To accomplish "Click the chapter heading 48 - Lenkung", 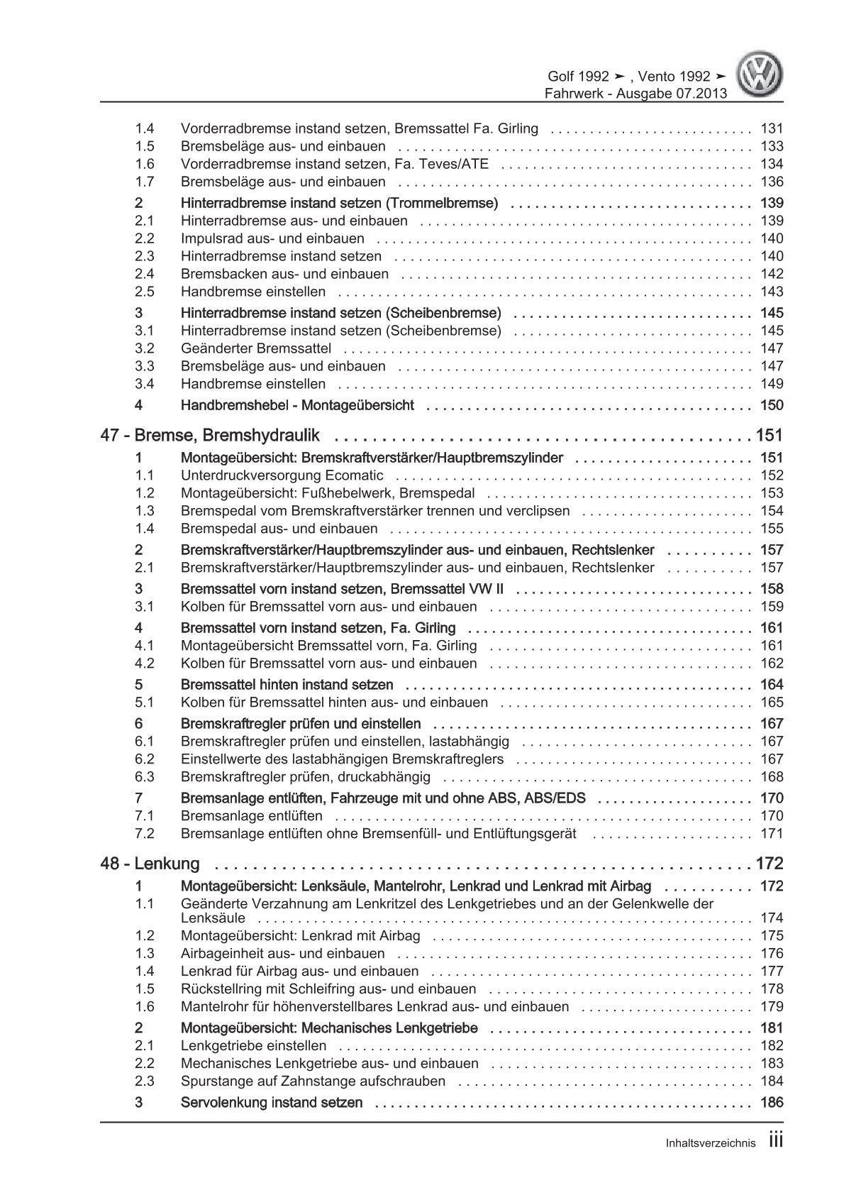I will click(x=150, y=864).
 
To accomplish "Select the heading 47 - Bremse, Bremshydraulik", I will click(x=211, y=435).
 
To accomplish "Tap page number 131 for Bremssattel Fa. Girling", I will click(x=771, y=128).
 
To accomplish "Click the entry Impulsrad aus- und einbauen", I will click(x=272, y=238).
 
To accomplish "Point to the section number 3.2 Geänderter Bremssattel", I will click(x=145, y=348).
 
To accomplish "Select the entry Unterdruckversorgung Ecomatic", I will click(x=282, y=475).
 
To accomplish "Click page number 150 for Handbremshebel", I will click(x=771, y=405).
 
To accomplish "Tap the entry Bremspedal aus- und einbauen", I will click(x=279, y=529).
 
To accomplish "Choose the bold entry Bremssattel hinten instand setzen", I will click(x=287, y=685).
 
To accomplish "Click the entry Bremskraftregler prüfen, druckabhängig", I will click(x=306, y=777).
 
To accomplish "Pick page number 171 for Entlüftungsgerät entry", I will click(x=771, y=834).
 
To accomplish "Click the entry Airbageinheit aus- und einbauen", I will click(x=282, y=954).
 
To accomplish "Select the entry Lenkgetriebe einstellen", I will click(x=254, y=1046).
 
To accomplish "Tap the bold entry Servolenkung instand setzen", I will click(x=272, y=1103).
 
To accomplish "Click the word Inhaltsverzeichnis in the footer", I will click(x=710, y=1164).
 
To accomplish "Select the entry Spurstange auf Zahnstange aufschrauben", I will click(x=313, y=1081).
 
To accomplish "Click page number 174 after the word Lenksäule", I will click(x=771, y=918).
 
